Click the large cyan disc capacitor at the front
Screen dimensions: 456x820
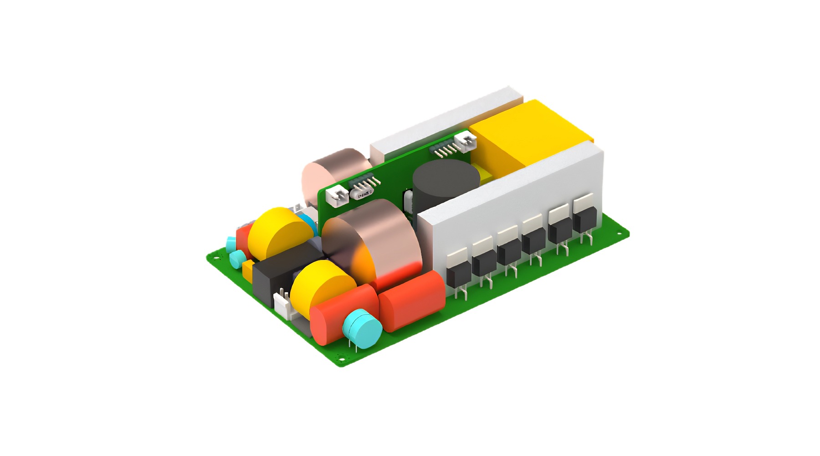click(362, 328)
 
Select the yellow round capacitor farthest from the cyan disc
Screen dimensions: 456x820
click(278, 233)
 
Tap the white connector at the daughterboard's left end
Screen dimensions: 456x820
click(338, 197)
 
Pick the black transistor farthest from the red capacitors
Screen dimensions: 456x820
click(585, 219)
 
